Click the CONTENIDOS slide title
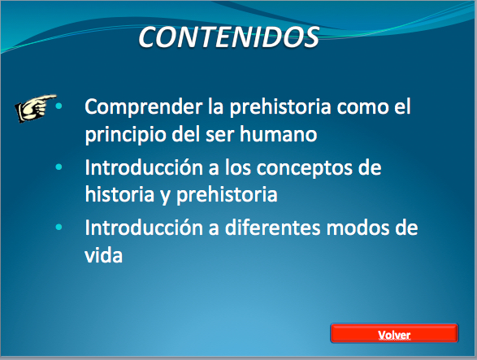[x=228, y=37]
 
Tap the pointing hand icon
[x=35, y=108]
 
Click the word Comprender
[x=144, y=107]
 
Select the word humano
[x=279, y=134]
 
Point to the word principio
[x=125, y=136]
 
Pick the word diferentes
[x=272, y=228]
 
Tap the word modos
[x=358, y=228]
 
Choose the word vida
[x=103, y=254]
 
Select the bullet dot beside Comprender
[x=59, y=106]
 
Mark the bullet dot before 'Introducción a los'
[x=59, y=167]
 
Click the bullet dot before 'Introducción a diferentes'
[x=59, y=227]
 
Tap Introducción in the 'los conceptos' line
[x=144, y=167]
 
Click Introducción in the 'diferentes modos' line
[x=144, y=228]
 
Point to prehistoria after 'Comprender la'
[x=280, y=107]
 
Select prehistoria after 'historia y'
[x=227, y=195]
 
